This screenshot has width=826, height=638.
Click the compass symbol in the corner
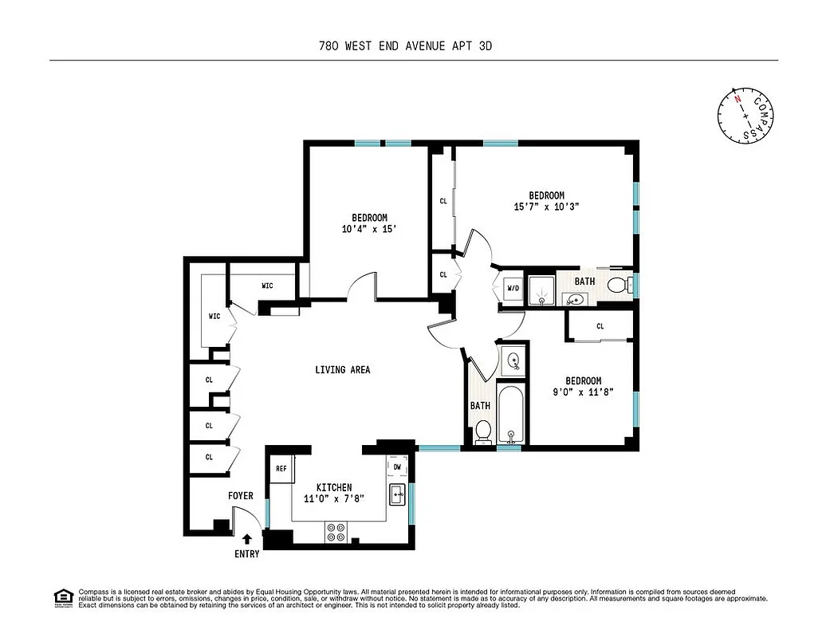[745, 116]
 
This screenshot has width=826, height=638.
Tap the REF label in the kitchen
[281, 469]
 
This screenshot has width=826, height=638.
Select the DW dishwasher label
[397, 466]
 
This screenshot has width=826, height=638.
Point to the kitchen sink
[397, 494]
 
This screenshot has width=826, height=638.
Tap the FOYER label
[241, 496]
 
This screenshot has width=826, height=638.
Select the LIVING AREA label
[342, 370]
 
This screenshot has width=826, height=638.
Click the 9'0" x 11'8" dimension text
[583, 392]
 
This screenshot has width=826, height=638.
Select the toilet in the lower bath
[483, 431]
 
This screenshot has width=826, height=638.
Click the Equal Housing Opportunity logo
[62, 597]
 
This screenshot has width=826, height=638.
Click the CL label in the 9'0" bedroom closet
[600, 326]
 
